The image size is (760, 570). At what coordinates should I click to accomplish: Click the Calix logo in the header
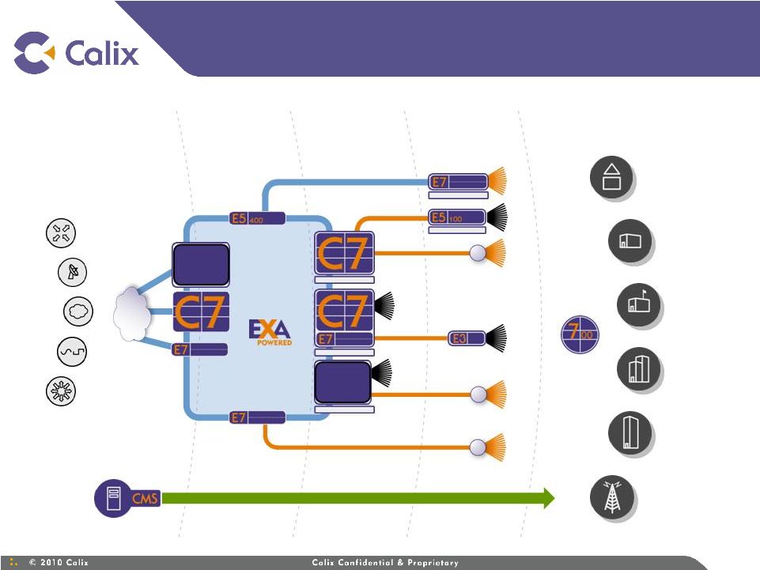click(77, 52)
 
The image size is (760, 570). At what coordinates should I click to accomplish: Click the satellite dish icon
click(73, 271)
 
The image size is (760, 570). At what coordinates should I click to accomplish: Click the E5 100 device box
click(456, 216)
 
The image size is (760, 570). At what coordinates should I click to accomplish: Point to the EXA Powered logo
click(270, 332)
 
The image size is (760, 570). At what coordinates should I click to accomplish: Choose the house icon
click(611, 177)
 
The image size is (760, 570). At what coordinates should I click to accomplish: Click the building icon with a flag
click(639, 305)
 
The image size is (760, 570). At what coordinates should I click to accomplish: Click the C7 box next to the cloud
click(201, 311)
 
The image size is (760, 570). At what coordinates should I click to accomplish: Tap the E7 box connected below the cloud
click(199, 349)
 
